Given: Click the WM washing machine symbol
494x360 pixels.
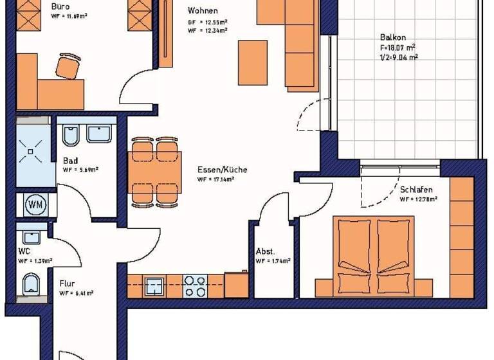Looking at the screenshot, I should tap(35, 205).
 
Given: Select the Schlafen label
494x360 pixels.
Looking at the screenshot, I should tap(416, 190).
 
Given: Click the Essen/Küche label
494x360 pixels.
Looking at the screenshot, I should tap(223, 170).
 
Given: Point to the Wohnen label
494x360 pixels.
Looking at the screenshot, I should tap(203, 11).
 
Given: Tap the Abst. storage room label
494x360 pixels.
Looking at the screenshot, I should tap(266, 251).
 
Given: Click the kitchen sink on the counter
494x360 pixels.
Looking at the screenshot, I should tap(154, 285).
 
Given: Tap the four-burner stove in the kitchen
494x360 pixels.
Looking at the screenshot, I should tap(195, 285).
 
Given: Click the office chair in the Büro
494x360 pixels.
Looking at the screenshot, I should tap(68, 66).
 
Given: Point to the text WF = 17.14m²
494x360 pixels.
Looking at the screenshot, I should tap(216, 179).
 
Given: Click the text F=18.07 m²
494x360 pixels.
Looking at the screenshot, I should tap(397, 47).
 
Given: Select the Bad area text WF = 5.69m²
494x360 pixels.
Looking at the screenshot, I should tap(80, 170).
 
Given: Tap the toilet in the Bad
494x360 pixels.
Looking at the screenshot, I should tap(71, 136).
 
